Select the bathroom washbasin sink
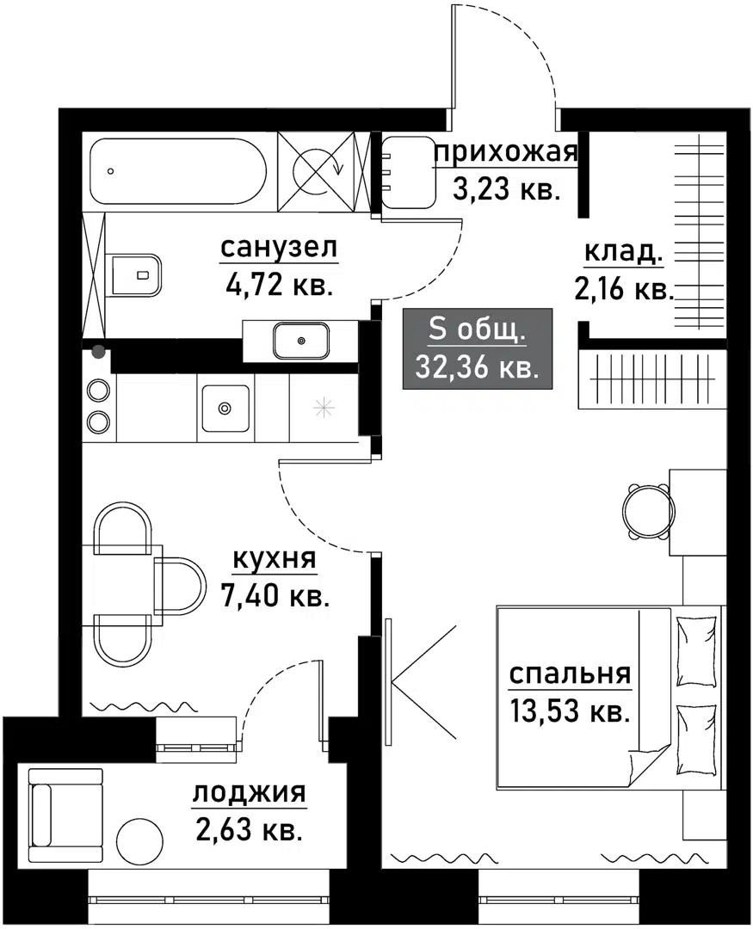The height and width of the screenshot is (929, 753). tap(300, 341)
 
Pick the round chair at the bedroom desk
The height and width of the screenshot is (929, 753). tap(646, 510)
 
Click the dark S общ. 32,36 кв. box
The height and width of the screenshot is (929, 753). tap(478, 348)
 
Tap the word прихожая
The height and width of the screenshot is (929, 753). tap(505, 154)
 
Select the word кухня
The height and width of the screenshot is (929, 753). tap(275, 559)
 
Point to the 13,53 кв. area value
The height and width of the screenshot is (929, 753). tap(571, 712)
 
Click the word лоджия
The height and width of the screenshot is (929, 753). tap(249, 792)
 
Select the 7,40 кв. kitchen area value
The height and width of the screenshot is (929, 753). tap(276, 595)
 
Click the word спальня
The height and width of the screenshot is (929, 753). tap(571, 674)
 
